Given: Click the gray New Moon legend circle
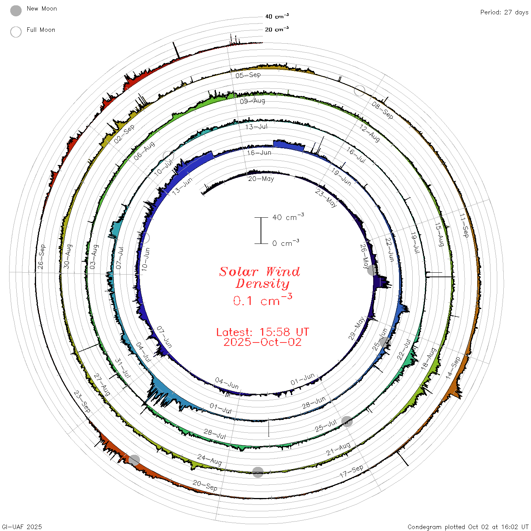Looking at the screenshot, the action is [x=16, y=11].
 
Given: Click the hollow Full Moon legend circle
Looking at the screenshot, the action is [x=16, y=32].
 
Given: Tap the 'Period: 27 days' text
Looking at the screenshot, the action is [x=504, y=13].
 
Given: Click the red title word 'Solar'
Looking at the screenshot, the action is [x=239, y=272].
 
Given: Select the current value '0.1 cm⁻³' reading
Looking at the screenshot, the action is [x=262, y=300].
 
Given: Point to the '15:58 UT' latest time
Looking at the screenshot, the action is [x=284, y=332].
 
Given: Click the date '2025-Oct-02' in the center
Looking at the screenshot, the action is [x=262, y=342].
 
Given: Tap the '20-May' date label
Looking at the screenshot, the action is [x=261, y=179].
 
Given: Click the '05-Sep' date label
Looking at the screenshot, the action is [x=248, y=75].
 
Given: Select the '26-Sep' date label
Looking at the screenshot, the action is [x=41, y=256].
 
